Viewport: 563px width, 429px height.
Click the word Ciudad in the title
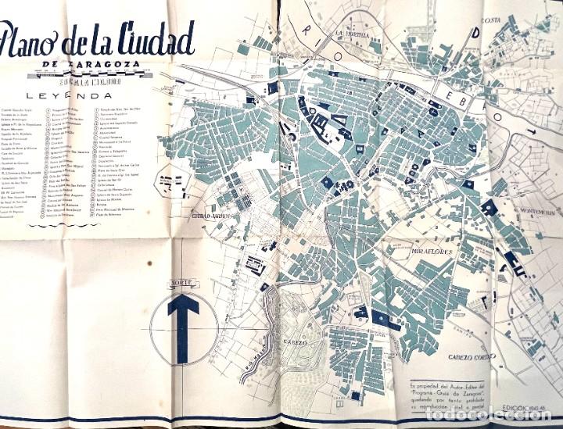tap(153, 37)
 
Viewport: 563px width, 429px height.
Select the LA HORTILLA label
tap(351, 34)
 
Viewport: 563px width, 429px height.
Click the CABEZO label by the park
tap(293, 341)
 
